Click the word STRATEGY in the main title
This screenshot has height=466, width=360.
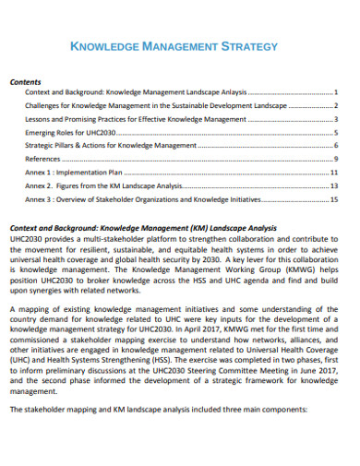pyautogui.click(x=245, y=45)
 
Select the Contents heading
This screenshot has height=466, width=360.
pyautogui.click(x=24, y=80)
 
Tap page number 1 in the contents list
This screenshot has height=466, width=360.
pyautogui.click(x=336, y=92)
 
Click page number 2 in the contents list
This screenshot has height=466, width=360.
pyautogui.click(x=336, y=105)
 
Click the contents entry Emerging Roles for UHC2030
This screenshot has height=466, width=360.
pyautogui.click(x=70, y=132)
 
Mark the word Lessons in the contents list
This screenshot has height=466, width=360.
pyautogui.click(x=40, y=119)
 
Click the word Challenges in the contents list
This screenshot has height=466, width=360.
pyautogui.click(x=45, y=105)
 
